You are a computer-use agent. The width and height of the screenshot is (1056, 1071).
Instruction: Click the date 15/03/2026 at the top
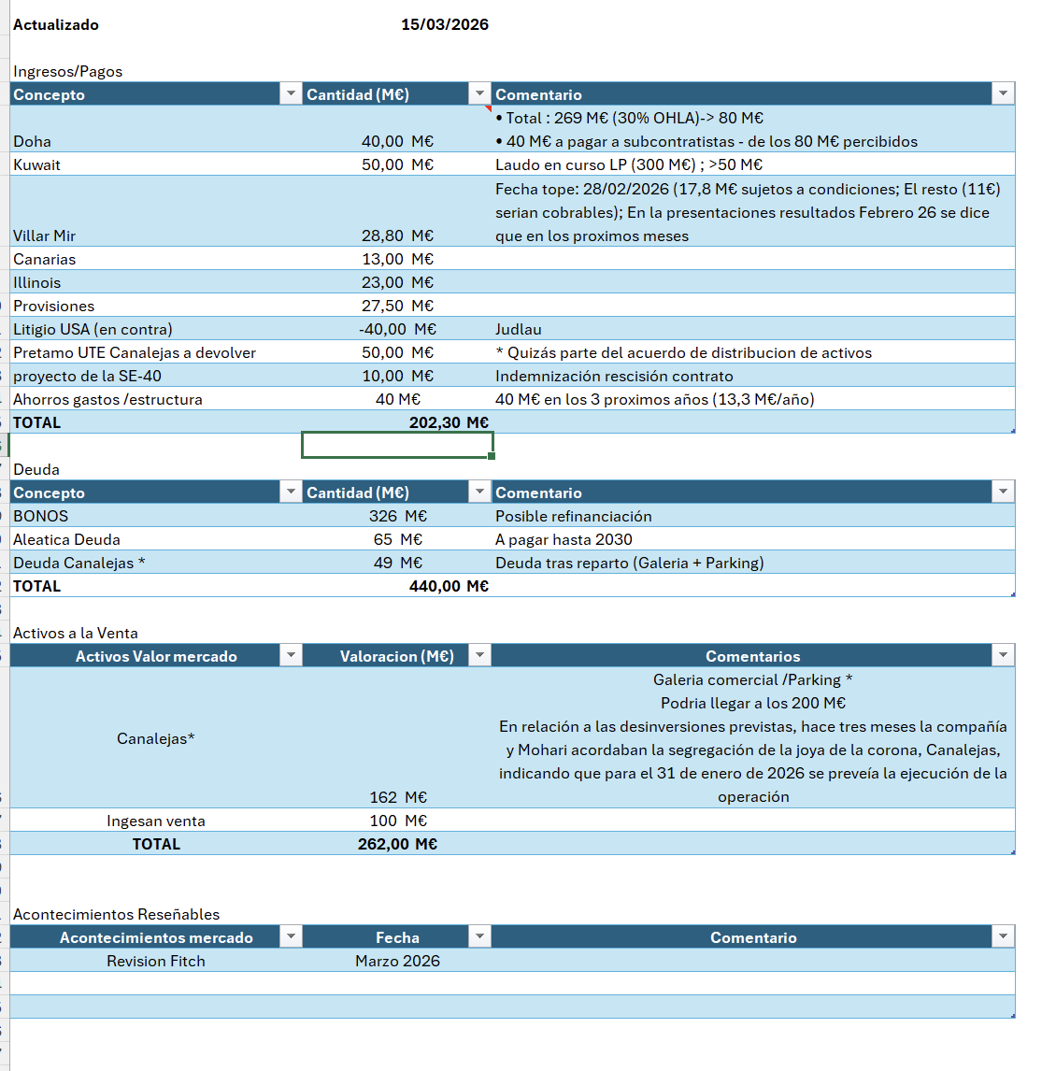point(445,25)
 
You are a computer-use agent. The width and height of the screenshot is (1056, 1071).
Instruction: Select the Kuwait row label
point(37,165)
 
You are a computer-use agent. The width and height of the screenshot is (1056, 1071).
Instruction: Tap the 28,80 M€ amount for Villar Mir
point(397,236)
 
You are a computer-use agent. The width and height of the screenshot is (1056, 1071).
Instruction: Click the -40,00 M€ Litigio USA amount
point(397,330)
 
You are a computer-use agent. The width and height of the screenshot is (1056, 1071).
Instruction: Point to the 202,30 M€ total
point(449,423)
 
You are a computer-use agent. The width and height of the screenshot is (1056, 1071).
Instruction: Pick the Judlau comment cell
point(519,330)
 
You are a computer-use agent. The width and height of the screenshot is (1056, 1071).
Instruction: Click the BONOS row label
point(41,517)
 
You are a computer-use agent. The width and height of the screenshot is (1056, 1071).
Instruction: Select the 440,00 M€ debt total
point(449,587)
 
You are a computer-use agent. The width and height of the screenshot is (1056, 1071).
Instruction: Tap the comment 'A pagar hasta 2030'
point(564,540)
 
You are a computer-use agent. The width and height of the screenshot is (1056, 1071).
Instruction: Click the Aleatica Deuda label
point(66,540)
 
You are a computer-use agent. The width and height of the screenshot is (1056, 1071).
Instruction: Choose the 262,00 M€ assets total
point(397,845)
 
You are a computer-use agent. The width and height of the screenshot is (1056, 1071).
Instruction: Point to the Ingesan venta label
point(156,821)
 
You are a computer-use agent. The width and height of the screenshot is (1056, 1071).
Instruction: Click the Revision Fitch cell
point(156,962)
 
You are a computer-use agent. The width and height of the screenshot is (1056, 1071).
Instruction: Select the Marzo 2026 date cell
point(397,962)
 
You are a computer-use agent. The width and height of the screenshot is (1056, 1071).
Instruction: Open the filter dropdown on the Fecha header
point(479,936)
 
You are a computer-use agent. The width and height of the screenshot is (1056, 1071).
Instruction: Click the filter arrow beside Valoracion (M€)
point(479,655)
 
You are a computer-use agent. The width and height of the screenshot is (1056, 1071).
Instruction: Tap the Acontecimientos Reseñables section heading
point(117,915)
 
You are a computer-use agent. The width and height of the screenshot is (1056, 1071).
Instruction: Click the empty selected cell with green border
point(397,446)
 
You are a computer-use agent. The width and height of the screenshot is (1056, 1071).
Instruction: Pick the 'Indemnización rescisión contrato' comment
point(614,377)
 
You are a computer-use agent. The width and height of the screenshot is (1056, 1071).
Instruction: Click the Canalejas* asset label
point(156,739)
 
